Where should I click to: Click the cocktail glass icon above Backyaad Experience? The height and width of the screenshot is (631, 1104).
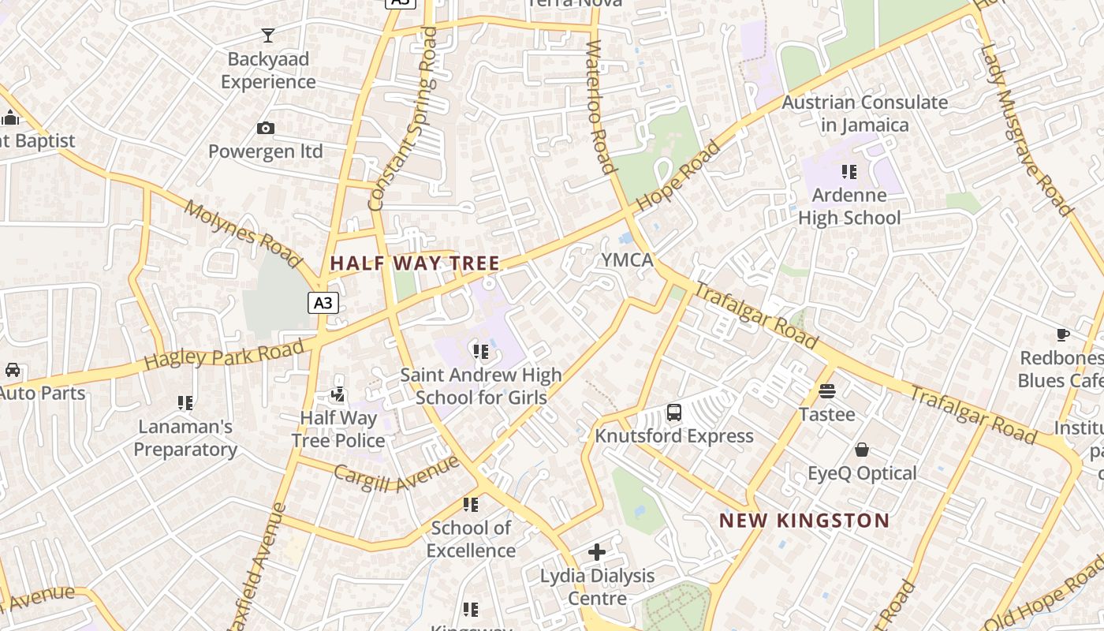[268, 35]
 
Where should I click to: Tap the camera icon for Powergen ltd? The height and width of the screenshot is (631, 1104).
[266, 128]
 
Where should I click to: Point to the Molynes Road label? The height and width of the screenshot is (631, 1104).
[243, 233]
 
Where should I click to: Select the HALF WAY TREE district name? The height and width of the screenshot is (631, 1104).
[415, 263]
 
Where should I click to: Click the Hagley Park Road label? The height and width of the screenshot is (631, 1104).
[225, 356]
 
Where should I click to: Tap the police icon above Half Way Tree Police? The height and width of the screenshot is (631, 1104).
[338, 394]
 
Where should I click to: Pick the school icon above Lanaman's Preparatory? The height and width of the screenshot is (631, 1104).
[185, 403]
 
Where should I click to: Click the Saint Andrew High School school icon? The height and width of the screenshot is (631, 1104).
[480, 351]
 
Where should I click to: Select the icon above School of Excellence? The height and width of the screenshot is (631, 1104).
[471, 504]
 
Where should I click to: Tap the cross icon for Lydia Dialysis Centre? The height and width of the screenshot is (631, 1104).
[597, 551]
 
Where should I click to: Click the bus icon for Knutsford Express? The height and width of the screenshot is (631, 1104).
[674, 412]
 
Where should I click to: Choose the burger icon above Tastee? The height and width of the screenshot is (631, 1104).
[826, 390]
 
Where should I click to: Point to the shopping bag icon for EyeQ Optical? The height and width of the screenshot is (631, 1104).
[862, 450]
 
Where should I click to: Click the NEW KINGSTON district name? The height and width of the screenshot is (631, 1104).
[804, 521]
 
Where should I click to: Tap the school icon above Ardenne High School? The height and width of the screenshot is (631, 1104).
[849, 171]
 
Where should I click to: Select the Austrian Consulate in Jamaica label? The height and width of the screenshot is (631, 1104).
[864, 114]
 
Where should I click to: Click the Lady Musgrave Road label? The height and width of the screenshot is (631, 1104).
[1026, 130]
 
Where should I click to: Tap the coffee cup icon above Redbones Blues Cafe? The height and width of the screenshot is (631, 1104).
[1062, 334]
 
